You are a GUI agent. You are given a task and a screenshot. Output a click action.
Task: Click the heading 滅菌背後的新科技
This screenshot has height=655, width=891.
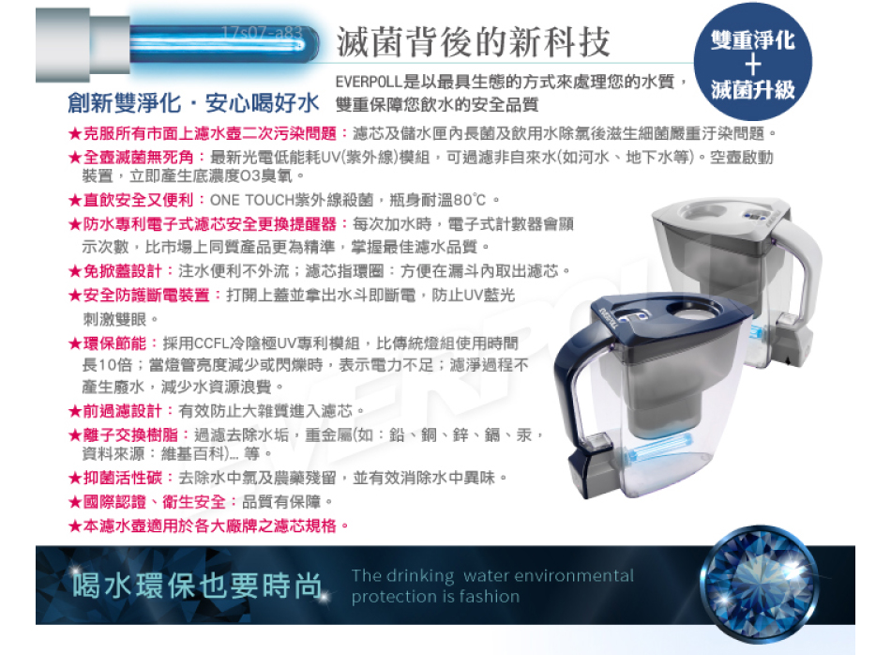coord(473,41)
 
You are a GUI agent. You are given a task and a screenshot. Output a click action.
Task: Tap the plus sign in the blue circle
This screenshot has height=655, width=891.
coord(753,64)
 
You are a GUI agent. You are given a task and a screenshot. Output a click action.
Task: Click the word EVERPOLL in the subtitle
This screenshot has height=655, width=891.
coord(369,82)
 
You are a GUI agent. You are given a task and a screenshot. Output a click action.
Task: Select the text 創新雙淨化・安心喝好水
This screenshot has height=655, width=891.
coord(193,103)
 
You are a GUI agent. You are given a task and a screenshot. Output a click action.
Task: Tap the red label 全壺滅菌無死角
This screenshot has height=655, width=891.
coord(139,157)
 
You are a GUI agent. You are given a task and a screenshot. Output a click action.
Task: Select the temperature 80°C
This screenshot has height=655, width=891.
coord(469,200)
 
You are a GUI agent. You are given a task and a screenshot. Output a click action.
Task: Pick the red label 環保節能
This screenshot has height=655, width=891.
coord(114,343)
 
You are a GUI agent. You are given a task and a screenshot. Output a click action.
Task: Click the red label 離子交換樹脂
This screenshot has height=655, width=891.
coord(130,435)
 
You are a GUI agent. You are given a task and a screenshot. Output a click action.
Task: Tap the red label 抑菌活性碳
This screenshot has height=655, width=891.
coord(123,478)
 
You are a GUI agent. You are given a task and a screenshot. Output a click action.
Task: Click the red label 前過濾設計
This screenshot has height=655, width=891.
coord(123,410)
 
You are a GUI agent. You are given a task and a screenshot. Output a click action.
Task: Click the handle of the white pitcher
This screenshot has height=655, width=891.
coord(803,267)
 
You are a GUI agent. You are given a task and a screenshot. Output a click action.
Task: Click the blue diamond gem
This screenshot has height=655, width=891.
coord(759,584)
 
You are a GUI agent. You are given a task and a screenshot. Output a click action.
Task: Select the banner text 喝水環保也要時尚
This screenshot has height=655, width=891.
coord(197,586)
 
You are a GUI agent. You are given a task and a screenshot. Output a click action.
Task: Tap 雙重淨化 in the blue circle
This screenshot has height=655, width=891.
coord(753,39)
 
